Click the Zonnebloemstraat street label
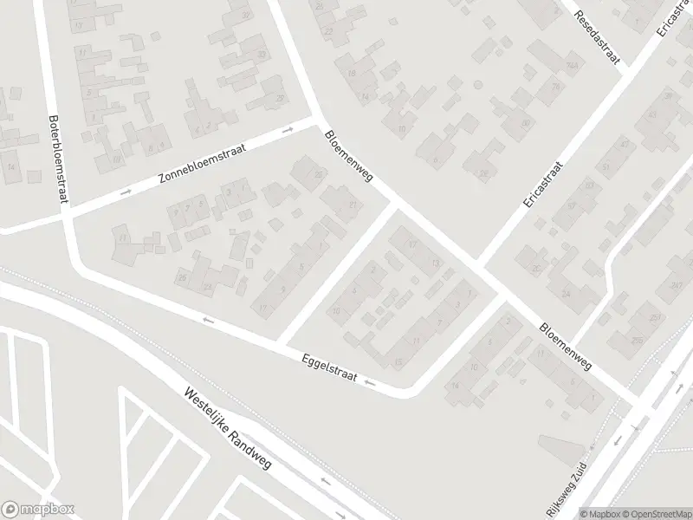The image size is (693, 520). coord(203,165)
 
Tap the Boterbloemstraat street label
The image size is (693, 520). coord(58,161)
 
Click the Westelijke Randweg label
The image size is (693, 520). coord(228,429)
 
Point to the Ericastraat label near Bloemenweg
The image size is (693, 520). coord(543,184)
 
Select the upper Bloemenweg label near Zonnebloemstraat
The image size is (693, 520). coord(348,156)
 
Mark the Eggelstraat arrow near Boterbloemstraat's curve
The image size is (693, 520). coord(207,321)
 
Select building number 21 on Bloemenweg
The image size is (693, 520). coord(352,205)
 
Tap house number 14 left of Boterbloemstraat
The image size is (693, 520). coord(11,166)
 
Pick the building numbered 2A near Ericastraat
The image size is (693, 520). coord(572,66)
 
